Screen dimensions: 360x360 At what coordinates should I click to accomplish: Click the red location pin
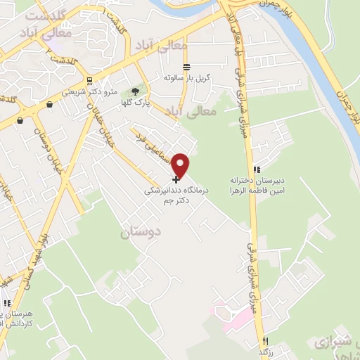click(x=181, y=165)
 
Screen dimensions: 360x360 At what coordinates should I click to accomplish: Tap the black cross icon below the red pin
click(x=175, y=180)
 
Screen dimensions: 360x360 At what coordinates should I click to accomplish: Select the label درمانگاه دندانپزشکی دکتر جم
click(x=168, y=195)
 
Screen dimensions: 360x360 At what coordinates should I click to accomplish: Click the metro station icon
click(x=90, y=80)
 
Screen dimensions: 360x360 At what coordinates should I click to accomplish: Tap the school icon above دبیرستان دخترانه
click(x=257, y=169)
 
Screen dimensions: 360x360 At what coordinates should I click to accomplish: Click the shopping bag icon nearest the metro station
click(x=50, y=105)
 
